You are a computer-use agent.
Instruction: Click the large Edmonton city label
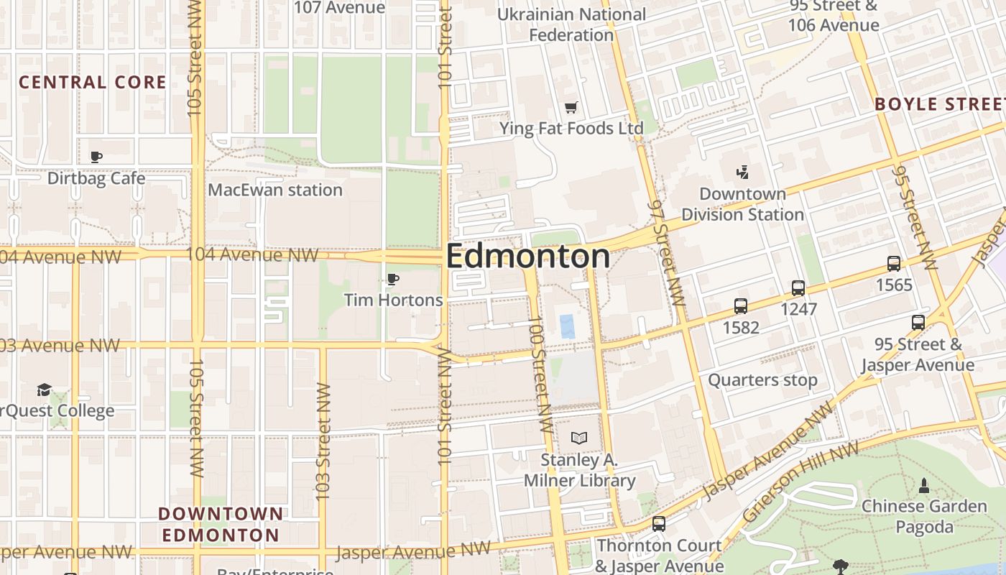[528, 257]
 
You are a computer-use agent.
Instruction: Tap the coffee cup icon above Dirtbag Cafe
[96, 157]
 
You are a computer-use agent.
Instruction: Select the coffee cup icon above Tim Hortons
[392, 279]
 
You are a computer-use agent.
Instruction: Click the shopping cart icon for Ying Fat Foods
[571, 108]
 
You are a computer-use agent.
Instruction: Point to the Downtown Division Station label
[742, 204]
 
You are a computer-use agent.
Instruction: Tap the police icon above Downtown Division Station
[742, 172]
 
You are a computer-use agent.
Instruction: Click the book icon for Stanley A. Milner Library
[579, 438]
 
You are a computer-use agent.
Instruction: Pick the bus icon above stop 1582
[741, 306]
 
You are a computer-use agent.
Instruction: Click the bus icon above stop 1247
[798, 288]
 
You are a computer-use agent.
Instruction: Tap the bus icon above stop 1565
[894, 264]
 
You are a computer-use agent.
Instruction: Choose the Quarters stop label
[762, 380]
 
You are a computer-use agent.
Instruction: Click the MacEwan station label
[275, 190]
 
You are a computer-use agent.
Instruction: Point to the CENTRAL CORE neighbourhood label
[93, 83]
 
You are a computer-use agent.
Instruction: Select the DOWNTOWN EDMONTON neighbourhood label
[221, 524]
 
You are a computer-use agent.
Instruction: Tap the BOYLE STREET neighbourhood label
[939, 104]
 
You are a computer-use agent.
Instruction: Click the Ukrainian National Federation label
[571, 24]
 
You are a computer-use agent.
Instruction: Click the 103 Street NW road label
[323, 442]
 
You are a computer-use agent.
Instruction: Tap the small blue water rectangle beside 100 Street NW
[568, 326]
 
